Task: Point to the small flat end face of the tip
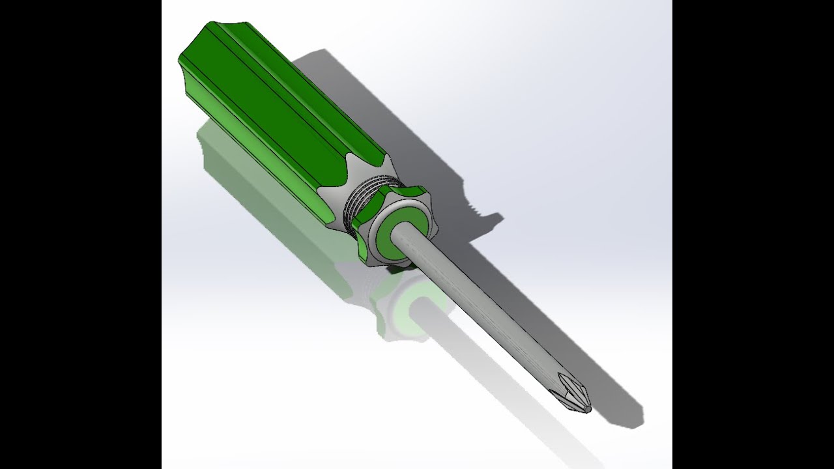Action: pos(587,409)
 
